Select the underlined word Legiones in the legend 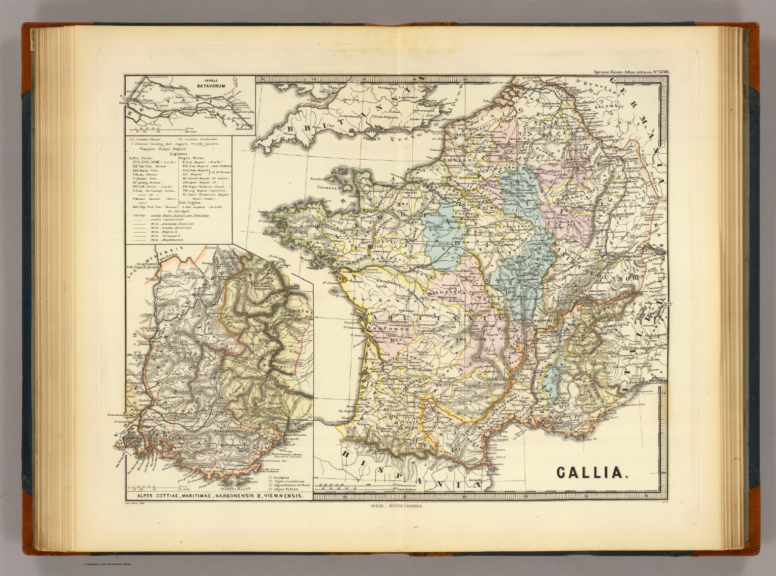[178, 154]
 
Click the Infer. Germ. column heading [141, 158]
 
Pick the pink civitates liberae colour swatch [132, 139]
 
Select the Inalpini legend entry [281, 477]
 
